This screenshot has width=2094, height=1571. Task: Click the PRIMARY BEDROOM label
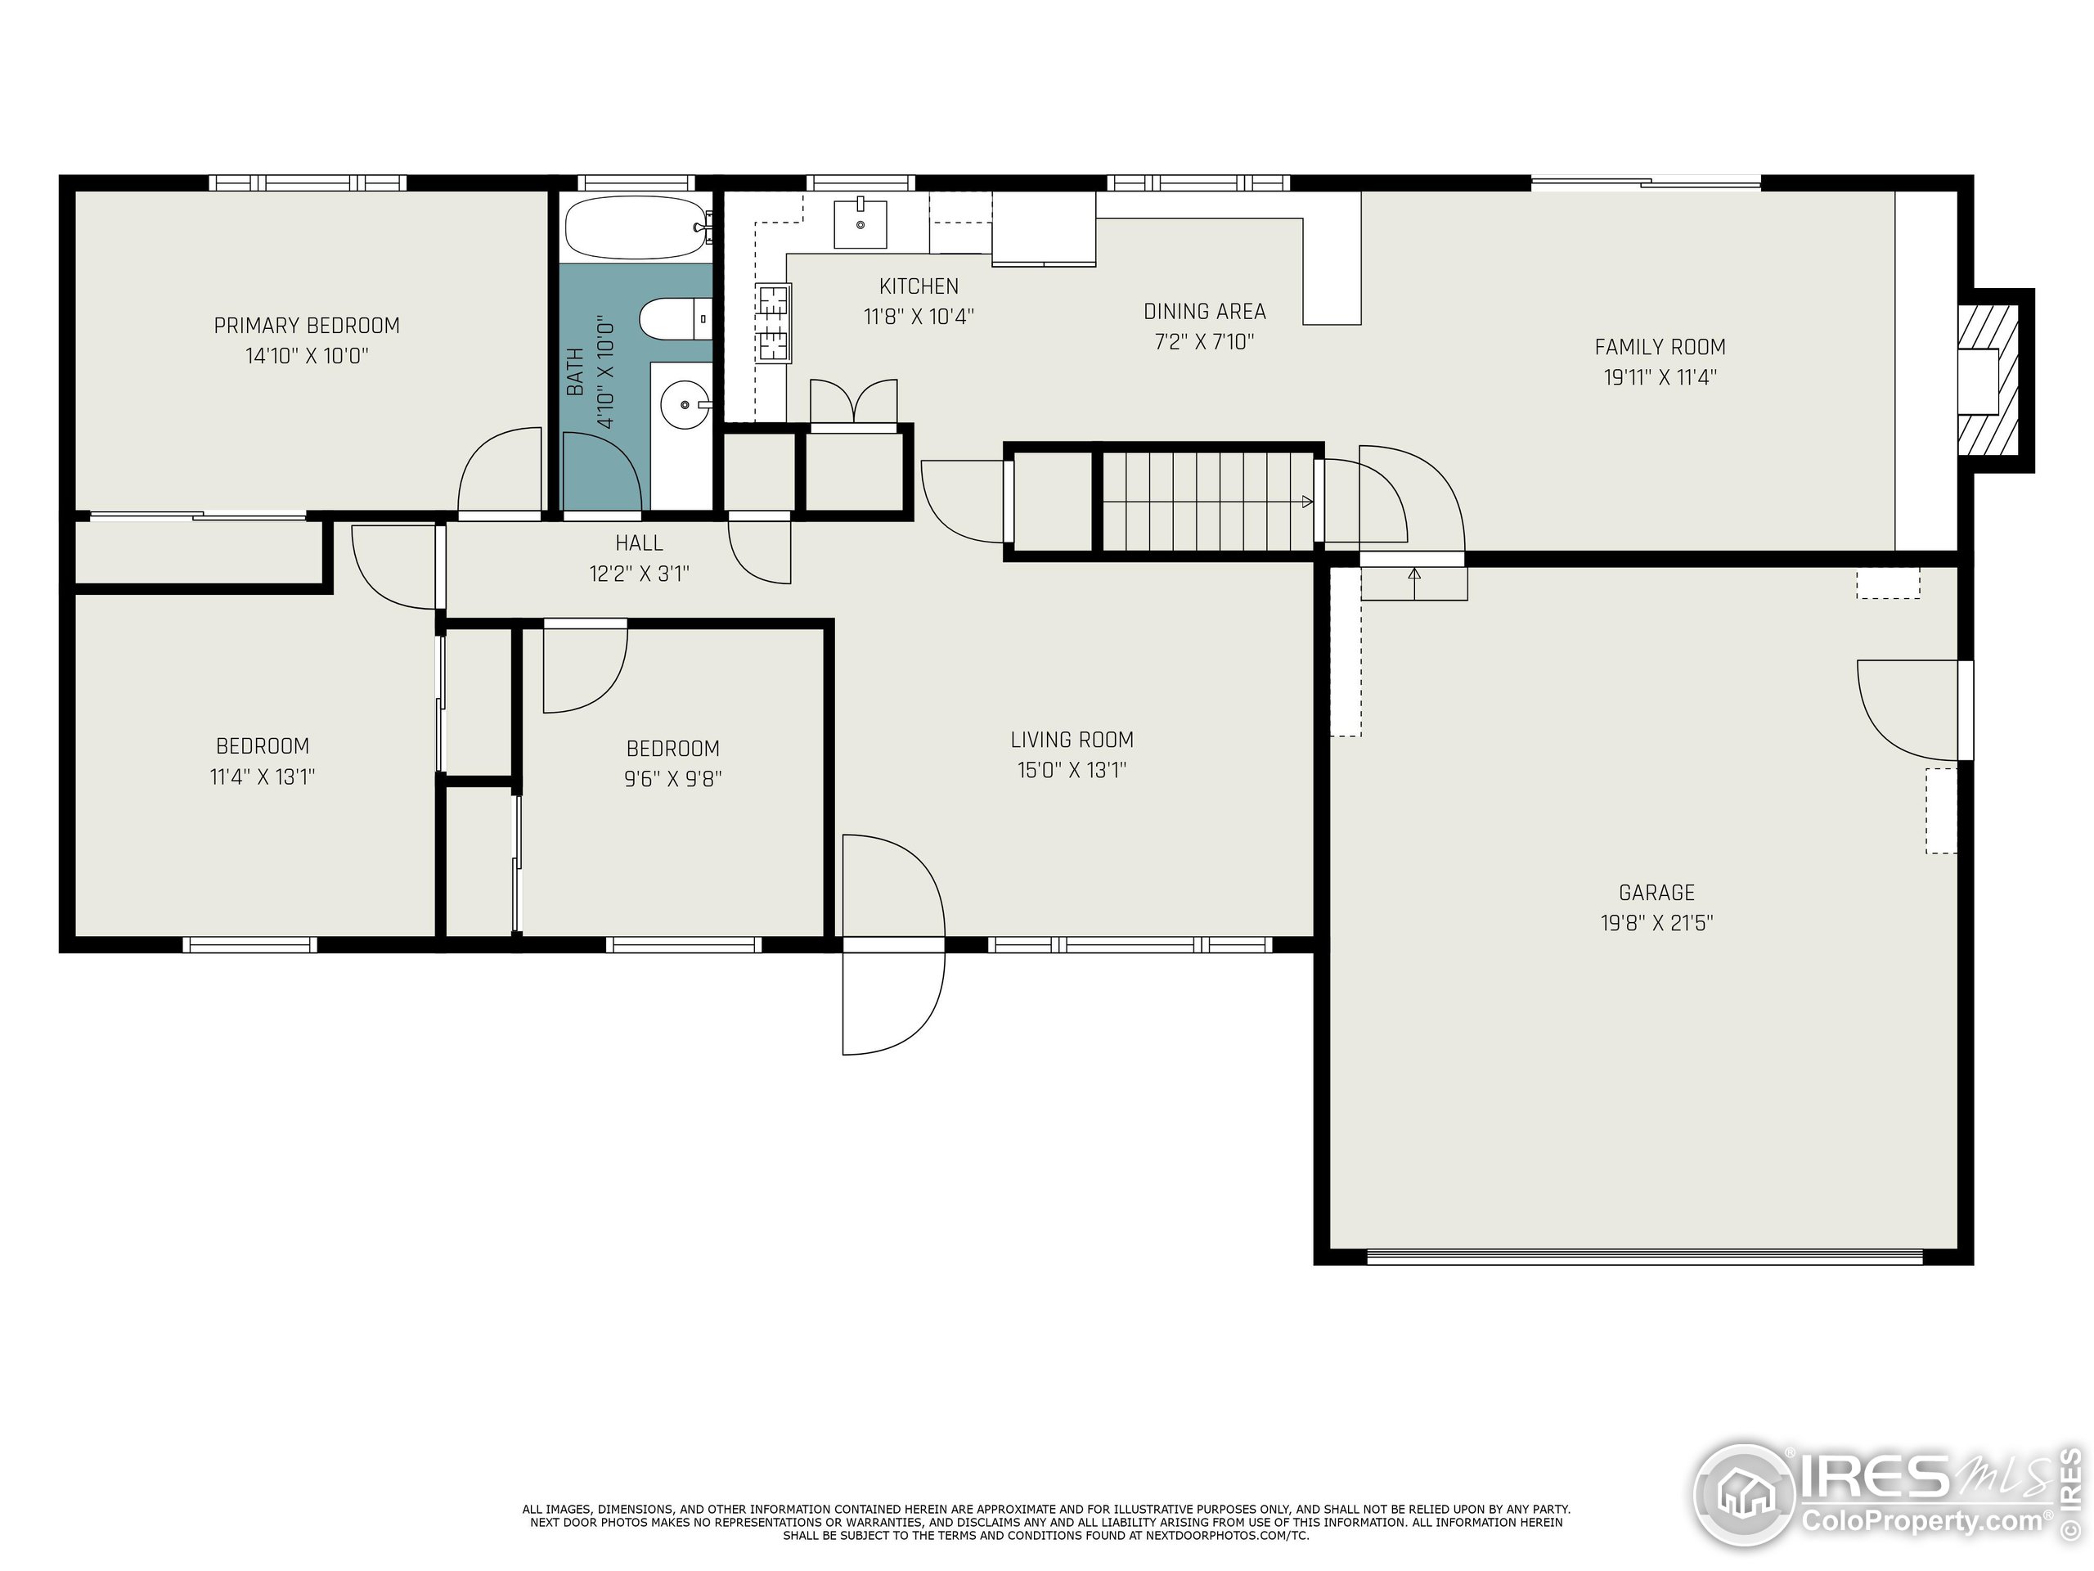pos(307,326)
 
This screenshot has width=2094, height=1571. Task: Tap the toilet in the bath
pos(675,319)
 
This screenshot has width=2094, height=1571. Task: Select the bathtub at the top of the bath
pos(637,227)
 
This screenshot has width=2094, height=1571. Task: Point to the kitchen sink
pos(861,223)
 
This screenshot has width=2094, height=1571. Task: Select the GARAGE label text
pos(1656,892)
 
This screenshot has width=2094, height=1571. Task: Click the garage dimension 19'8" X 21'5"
pos(1656,923)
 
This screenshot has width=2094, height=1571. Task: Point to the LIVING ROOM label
pos(1072,740)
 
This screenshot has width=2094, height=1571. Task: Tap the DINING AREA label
pos(1204,312)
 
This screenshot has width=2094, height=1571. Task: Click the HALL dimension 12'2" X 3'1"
pos(639,574)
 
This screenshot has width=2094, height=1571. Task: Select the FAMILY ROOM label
pos(1660,347)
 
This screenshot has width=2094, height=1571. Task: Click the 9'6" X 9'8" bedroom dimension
pos(673,779)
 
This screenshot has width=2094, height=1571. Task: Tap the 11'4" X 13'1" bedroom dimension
pos(263,777)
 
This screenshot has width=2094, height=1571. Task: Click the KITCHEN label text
pos(919,286)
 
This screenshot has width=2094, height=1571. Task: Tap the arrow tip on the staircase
pos(1312,502)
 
